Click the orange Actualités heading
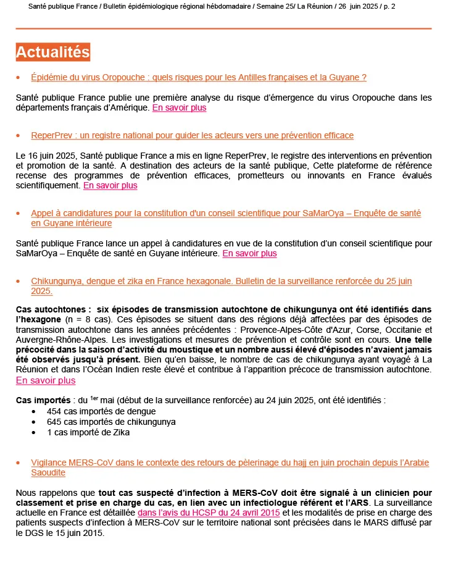[53, 52]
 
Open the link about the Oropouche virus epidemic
[199, 77]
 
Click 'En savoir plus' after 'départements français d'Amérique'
[179, 107]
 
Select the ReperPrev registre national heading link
[192, 135]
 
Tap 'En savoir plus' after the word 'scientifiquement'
[110, 185]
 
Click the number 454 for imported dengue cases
[54, 411]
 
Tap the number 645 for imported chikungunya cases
[54, 422]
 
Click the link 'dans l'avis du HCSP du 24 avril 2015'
[209, 513]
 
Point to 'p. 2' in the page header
[388, 6]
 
